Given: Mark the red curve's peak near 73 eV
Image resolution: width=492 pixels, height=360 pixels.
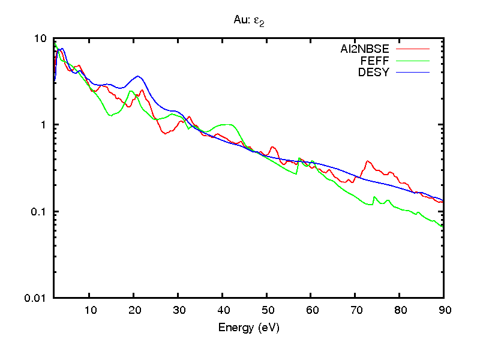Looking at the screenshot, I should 368,161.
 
